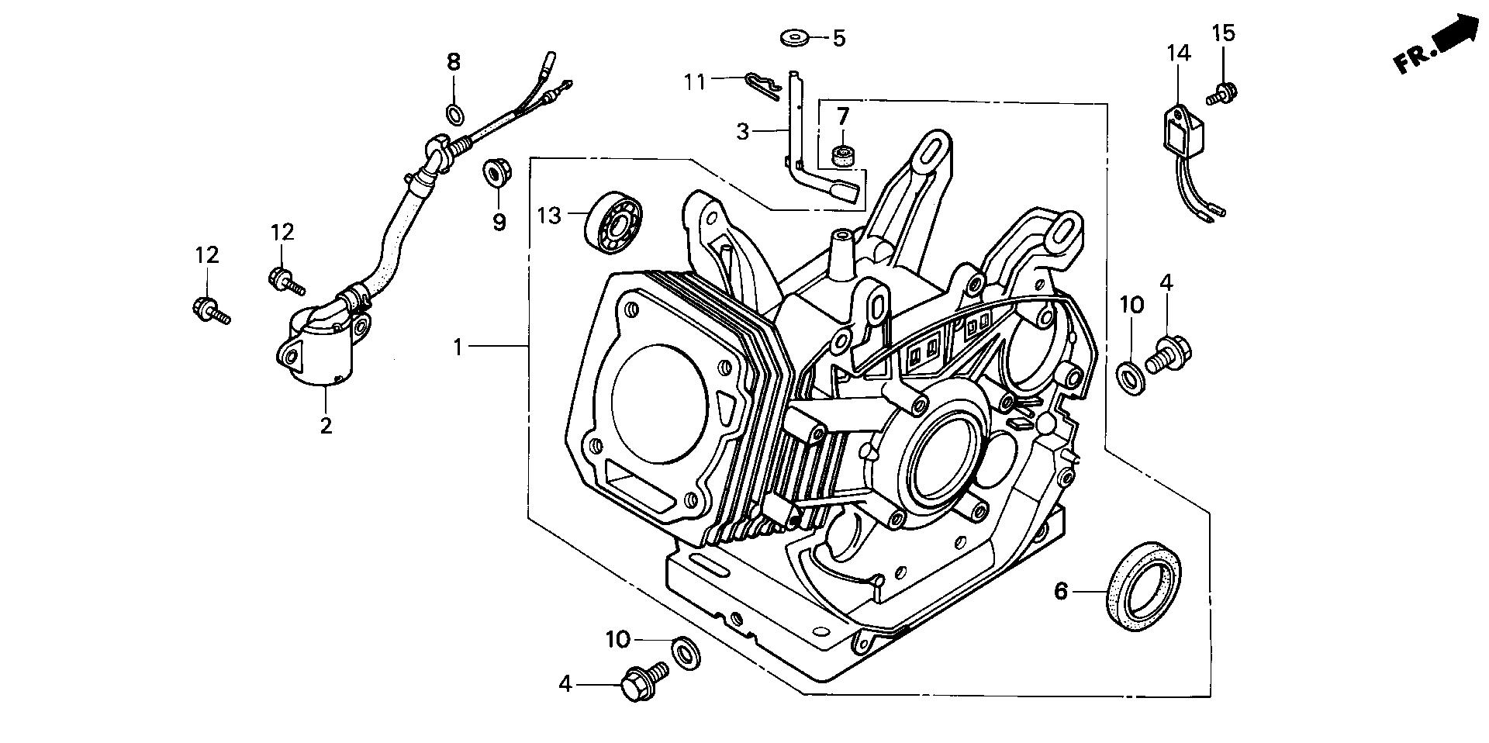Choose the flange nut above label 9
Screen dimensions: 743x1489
(492, 172)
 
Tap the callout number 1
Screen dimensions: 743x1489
(458, 347)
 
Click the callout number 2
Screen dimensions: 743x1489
(326, 425)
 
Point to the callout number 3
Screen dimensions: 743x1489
(742, 132)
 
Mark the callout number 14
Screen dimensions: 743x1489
(1177, 54)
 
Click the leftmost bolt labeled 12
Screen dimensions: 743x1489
(208, 310)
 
